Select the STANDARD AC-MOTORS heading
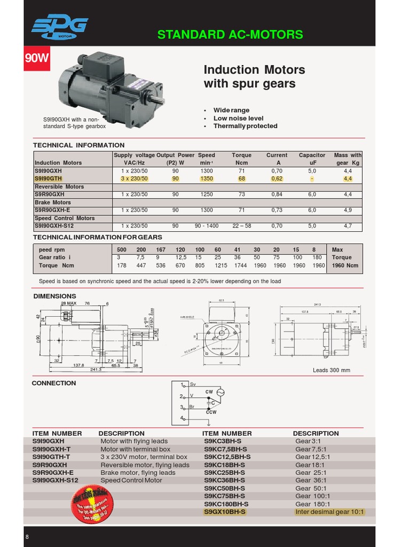coord(230,35)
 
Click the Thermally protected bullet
coord(245,126)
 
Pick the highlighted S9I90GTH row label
coord(48,178)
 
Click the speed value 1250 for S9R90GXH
coord(207,194)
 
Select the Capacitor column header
coord(312,155)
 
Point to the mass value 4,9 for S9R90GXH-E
coord(348,210)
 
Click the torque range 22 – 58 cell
coord(241,226)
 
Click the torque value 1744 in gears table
coord(241,265)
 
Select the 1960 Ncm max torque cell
coord(345,265)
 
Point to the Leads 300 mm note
coord(331,370)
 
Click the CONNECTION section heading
coord(54,383)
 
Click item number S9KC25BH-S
coord(224,473)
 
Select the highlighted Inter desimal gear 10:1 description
coord(329,512)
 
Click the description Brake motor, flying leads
coord(138,473)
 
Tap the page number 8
coord(27,537)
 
